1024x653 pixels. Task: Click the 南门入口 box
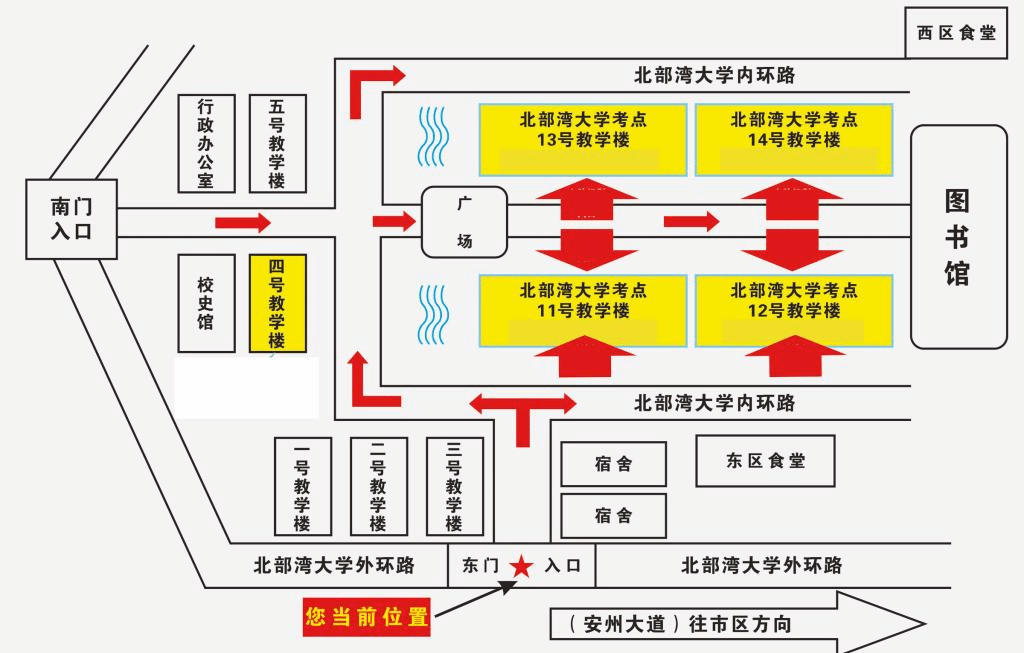(71, 219)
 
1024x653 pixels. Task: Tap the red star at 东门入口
(521, 567)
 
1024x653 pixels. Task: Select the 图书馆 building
(957, 237)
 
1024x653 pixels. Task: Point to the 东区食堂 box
(765, 461)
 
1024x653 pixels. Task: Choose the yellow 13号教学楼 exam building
(583, 139)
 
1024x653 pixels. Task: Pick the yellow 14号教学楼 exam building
(793, 139)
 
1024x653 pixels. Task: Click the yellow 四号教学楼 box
(277, 303)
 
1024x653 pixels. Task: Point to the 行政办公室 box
(206, 143)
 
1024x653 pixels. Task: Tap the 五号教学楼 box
(277, 143)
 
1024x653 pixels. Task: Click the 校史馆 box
(206, 303)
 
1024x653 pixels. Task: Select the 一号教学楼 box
(302, 486)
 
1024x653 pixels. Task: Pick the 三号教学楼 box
(454, 486)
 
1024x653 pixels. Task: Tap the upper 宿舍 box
(613, 464)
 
